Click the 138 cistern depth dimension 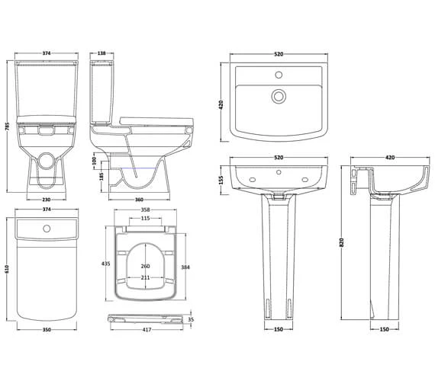pyautogui.click(x=101, y=53)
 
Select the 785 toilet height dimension pyautogui.click(x=8, y=126)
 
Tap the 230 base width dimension pyautogui.click(x=47, y=200)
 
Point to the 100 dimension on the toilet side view pyautogui.click(x=94, y=161)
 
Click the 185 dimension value pyautogui.click(x=101, y=177)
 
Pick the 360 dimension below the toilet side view pyautogui.click(x=139, y=200)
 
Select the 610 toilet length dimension pyautogui.click(x=8, y=269)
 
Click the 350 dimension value pyautogui.click(x=47, y=330)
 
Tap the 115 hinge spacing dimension pyautogui.click(x=145, y=219)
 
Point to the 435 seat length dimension pyautogui.click(x=106, y=264)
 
